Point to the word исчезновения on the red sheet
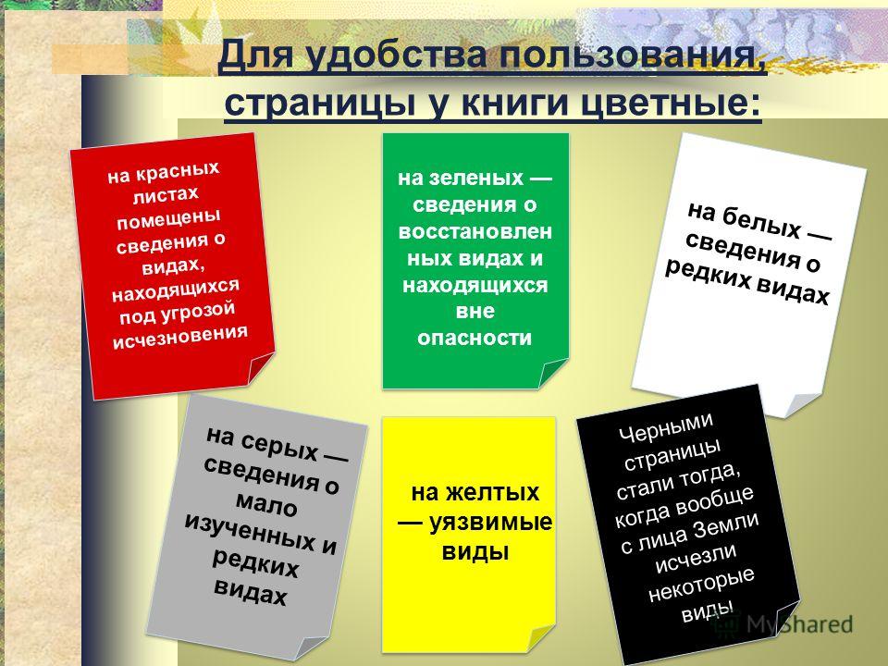pyautogui.click(x=180, y=337)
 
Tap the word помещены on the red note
pyautogui.click(x=168, y=218)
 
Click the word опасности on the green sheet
pyautogui.click(x=475, y=338)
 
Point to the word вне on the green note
pyautogui.click(x=475, y=311)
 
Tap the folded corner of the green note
pyautogui.click(x=552, y=374)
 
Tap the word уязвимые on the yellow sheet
pyautogui.click(x=490, y=522)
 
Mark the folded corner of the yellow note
pyautogui.click(x=540, y=638)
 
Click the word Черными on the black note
pyautogui.click(x=666, y=426)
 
